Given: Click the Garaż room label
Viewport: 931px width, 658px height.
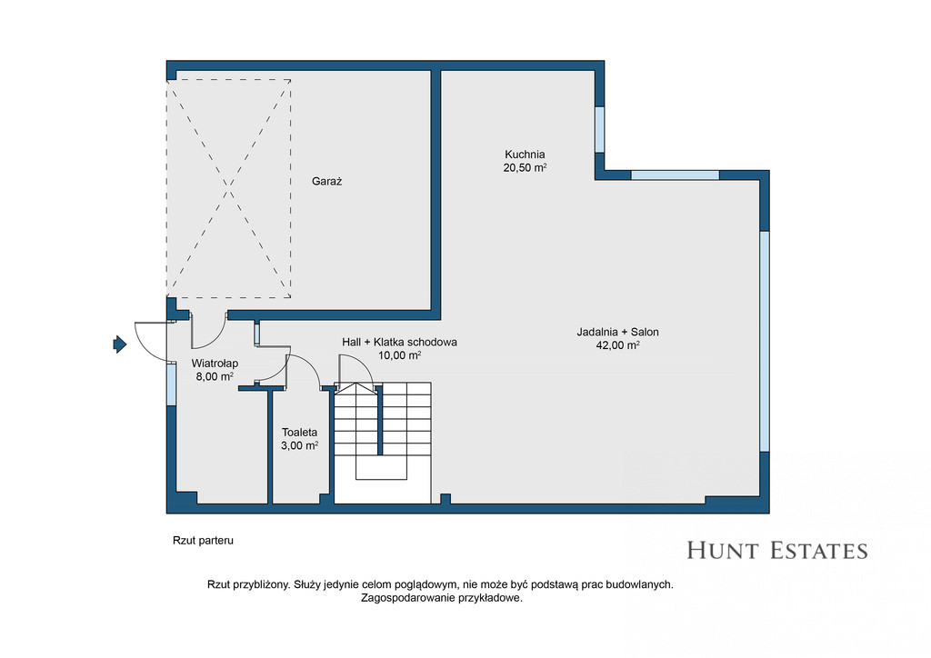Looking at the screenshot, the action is [x=326, y=182].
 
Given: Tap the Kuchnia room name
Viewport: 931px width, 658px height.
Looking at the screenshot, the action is [x=525, y=155].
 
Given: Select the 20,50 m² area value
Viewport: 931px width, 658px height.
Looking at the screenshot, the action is [x=525, y=168].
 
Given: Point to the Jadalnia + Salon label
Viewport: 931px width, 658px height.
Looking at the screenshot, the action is [x=617, y=333].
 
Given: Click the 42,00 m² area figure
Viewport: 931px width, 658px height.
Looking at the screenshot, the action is [x=617, y=345].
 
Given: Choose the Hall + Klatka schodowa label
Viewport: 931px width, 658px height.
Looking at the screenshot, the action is [x=400, y=343].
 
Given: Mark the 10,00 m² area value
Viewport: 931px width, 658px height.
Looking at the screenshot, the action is [x=400, y=355].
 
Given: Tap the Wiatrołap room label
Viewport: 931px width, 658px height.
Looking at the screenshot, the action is [x=215, y=364].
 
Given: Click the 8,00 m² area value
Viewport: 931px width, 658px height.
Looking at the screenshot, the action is [x=215, y=376].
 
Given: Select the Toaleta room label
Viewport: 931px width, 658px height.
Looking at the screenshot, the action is [x=300, y=433].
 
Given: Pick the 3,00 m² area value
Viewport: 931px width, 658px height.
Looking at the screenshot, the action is [x=300, y=445].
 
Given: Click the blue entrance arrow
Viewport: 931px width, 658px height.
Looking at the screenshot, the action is [x=120, y=344].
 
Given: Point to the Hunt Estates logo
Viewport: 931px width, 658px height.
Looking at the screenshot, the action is [x=777, y=551].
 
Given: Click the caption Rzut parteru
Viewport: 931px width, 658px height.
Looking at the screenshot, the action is [x=203, y=541].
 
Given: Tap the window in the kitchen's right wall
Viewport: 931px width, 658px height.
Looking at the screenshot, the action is [x=600, y=129].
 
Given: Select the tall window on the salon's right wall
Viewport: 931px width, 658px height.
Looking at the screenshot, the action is [x=765, y=341].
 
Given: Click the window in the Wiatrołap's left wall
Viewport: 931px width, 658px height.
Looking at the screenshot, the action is [x=171, y=384].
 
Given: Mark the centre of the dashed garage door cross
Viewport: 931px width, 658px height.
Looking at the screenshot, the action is [x=228, y=189].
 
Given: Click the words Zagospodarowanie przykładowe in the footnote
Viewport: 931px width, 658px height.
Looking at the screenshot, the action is [x=442, y=598].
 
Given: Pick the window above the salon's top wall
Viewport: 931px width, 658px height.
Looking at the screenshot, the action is [x=676, y=175].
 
